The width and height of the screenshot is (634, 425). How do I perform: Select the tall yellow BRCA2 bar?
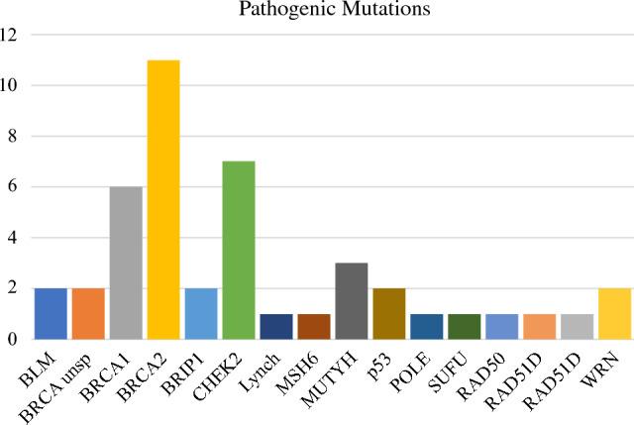pyautogui.click(x=163, y=198)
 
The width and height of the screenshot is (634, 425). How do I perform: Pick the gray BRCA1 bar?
pyautogui.click(x=126, y=263)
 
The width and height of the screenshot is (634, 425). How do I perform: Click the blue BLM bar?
pyautogui.click(x=50, y=313)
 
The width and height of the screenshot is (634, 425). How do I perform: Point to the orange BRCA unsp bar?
pyautogui.click(x=88, y=313)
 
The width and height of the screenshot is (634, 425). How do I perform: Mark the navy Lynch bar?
pyautogui.click(x=276, y=326)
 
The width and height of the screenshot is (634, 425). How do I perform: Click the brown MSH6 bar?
pyautogui.click(x=314, y=326)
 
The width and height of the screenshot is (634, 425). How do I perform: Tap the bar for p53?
pyautogui.click(x=389, y=313)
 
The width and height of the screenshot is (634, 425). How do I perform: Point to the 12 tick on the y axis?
pyautogui.click(x=12, y=35)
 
